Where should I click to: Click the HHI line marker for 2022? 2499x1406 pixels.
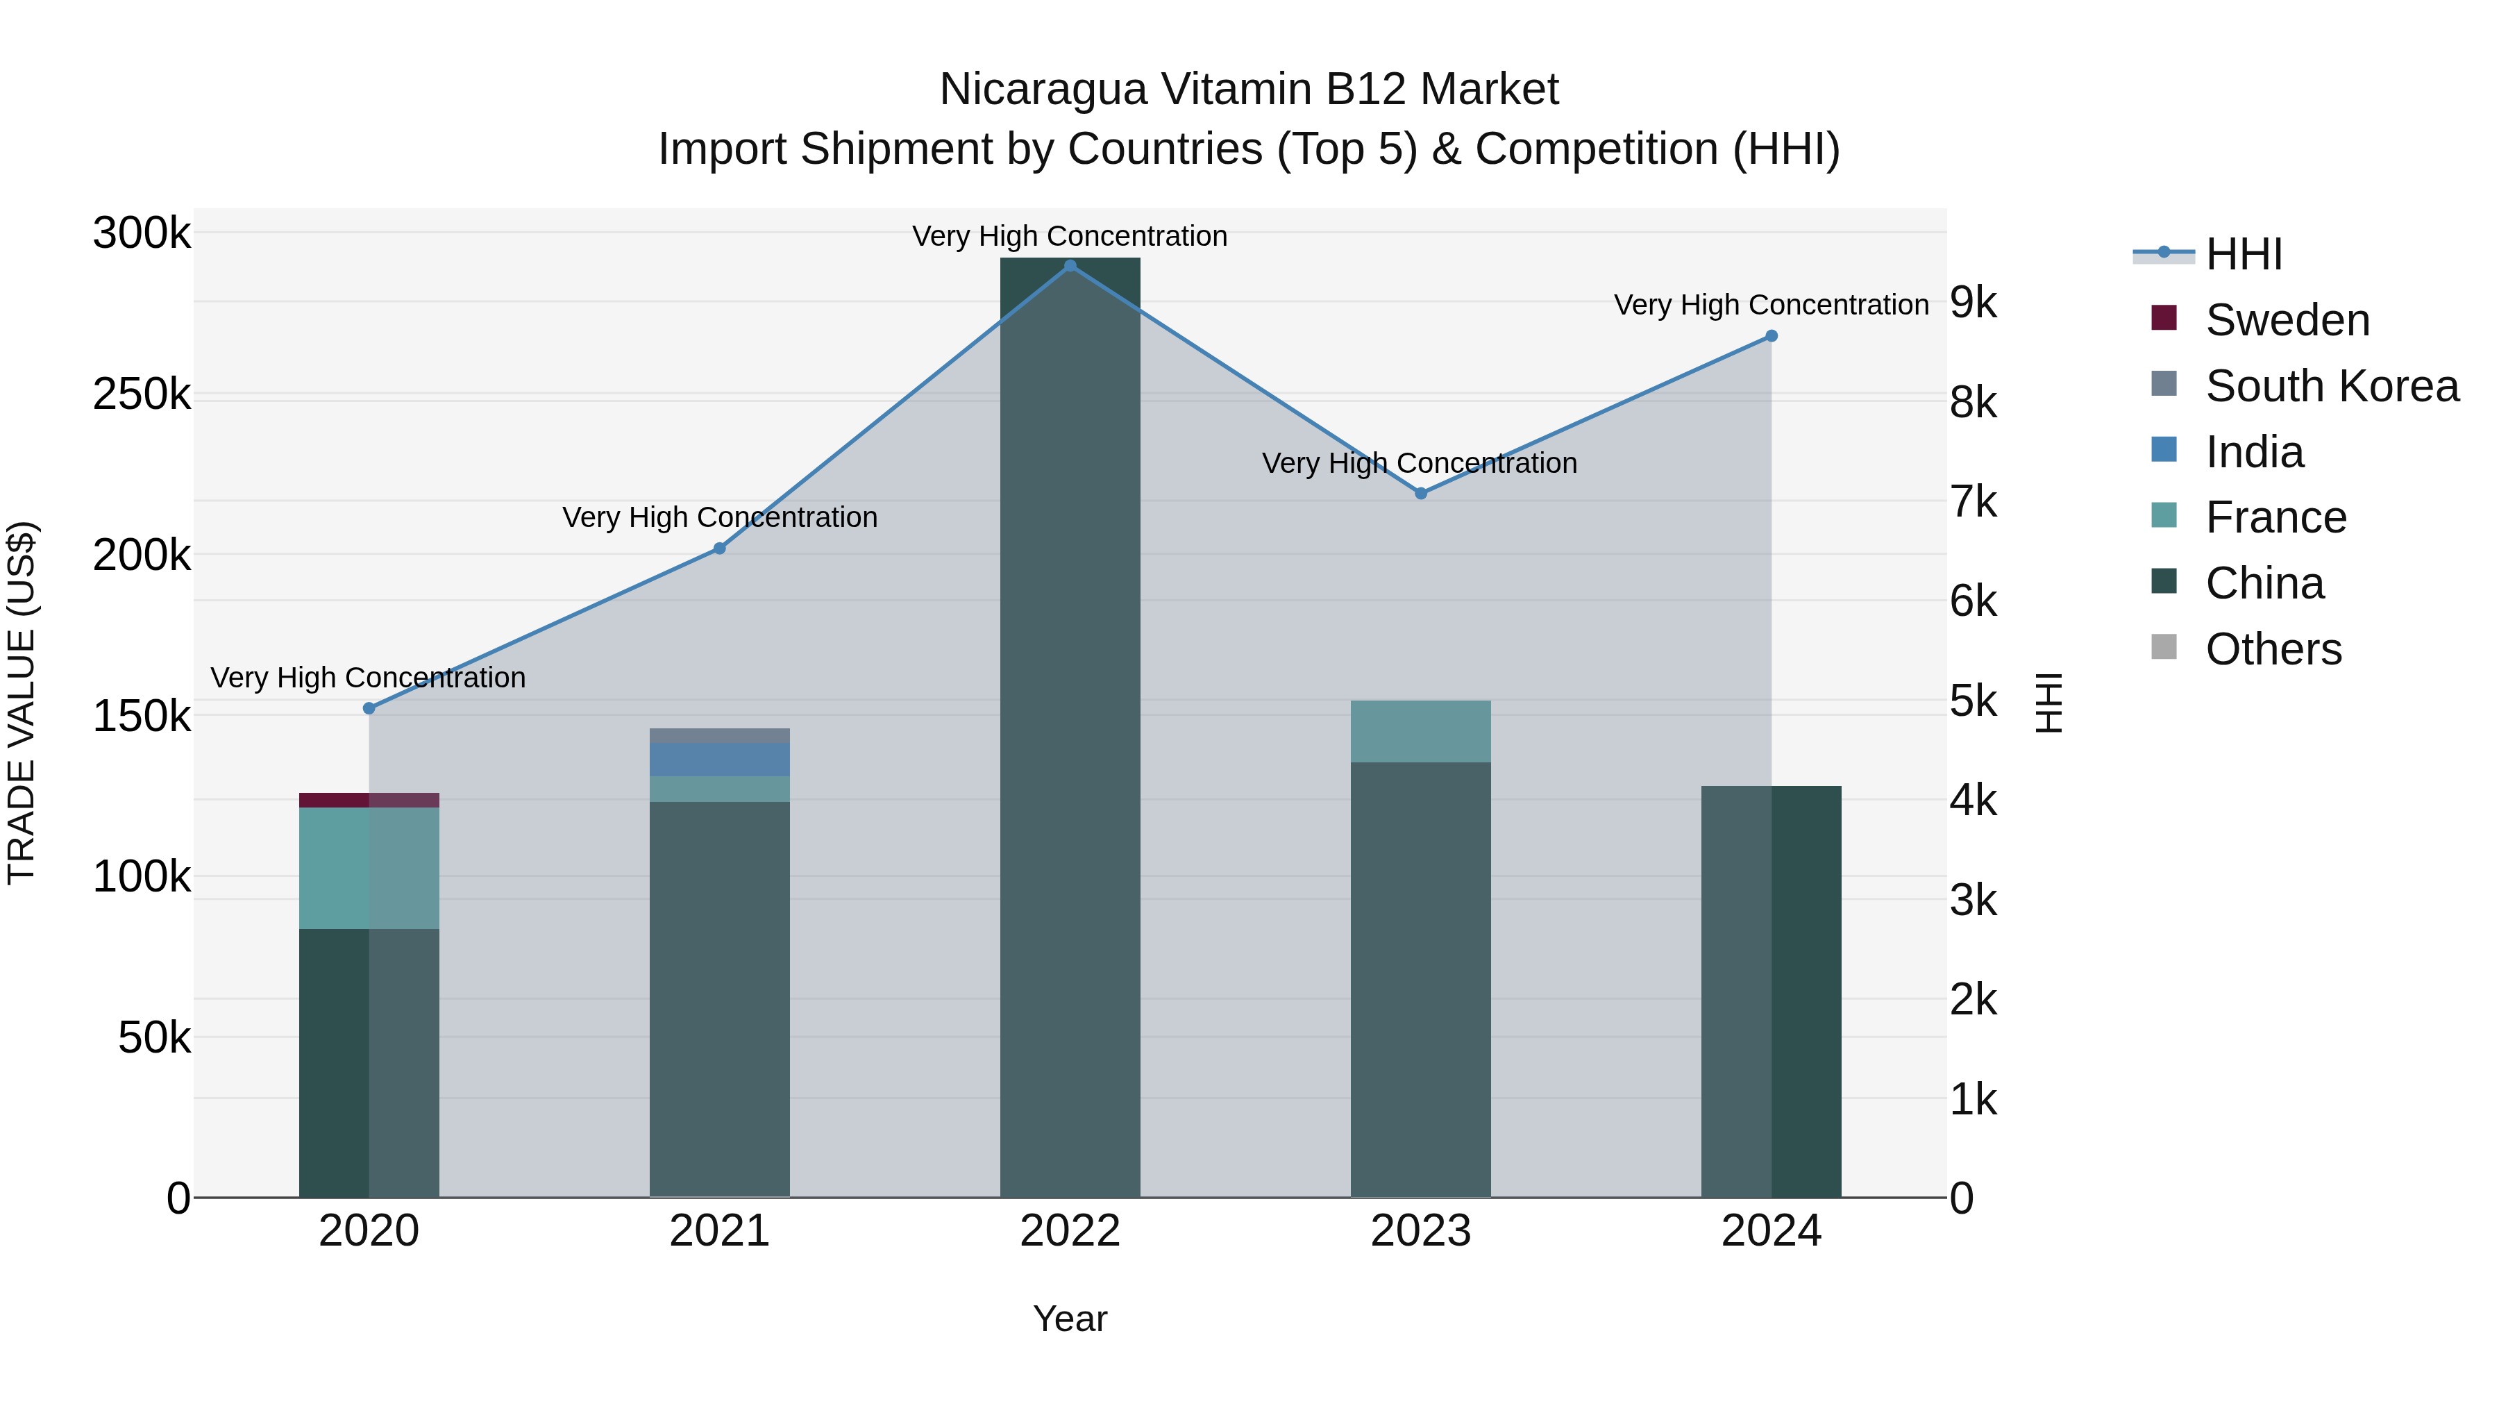(1070, 266)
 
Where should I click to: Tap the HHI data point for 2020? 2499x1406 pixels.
(369, 708)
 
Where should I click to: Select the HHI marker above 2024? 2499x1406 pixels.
(1772, 336)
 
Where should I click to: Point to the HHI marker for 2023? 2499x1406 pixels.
(1421, 493)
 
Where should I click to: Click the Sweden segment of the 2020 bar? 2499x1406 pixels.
(369, 800)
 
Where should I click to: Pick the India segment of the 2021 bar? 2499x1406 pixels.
(719, 759)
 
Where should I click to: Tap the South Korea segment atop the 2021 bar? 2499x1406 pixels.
(719, 735)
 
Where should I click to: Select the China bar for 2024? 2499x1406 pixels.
(1772, 989)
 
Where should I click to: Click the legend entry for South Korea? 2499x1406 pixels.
(2331, 386)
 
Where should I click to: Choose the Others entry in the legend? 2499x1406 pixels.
(2273, 649)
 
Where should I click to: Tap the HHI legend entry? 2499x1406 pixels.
(2243, 254)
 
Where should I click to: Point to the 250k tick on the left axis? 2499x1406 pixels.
(142, 395)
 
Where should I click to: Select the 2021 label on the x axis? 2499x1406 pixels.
(719, 1231)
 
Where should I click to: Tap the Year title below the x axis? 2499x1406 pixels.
(1070, 1319)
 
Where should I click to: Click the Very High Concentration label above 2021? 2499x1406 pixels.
(720, 517)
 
